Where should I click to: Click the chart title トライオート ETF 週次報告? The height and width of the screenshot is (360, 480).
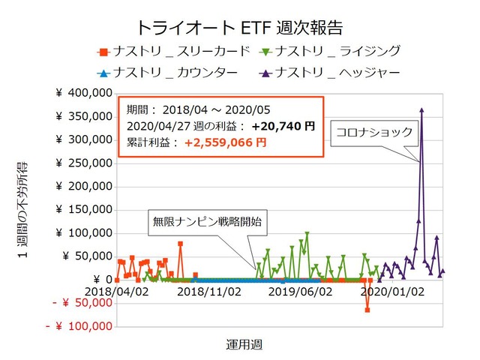[240, 28]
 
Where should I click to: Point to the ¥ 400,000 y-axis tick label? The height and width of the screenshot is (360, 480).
[82, 93]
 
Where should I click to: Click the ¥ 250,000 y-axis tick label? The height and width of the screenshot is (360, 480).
[82, 163]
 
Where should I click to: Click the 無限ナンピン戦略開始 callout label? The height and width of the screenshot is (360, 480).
[207, 222]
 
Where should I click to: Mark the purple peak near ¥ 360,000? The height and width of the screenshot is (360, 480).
[421, 110]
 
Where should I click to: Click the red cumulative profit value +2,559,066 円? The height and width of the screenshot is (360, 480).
[228, 141]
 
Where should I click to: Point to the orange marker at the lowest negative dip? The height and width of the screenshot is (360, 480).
[367, 309]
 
